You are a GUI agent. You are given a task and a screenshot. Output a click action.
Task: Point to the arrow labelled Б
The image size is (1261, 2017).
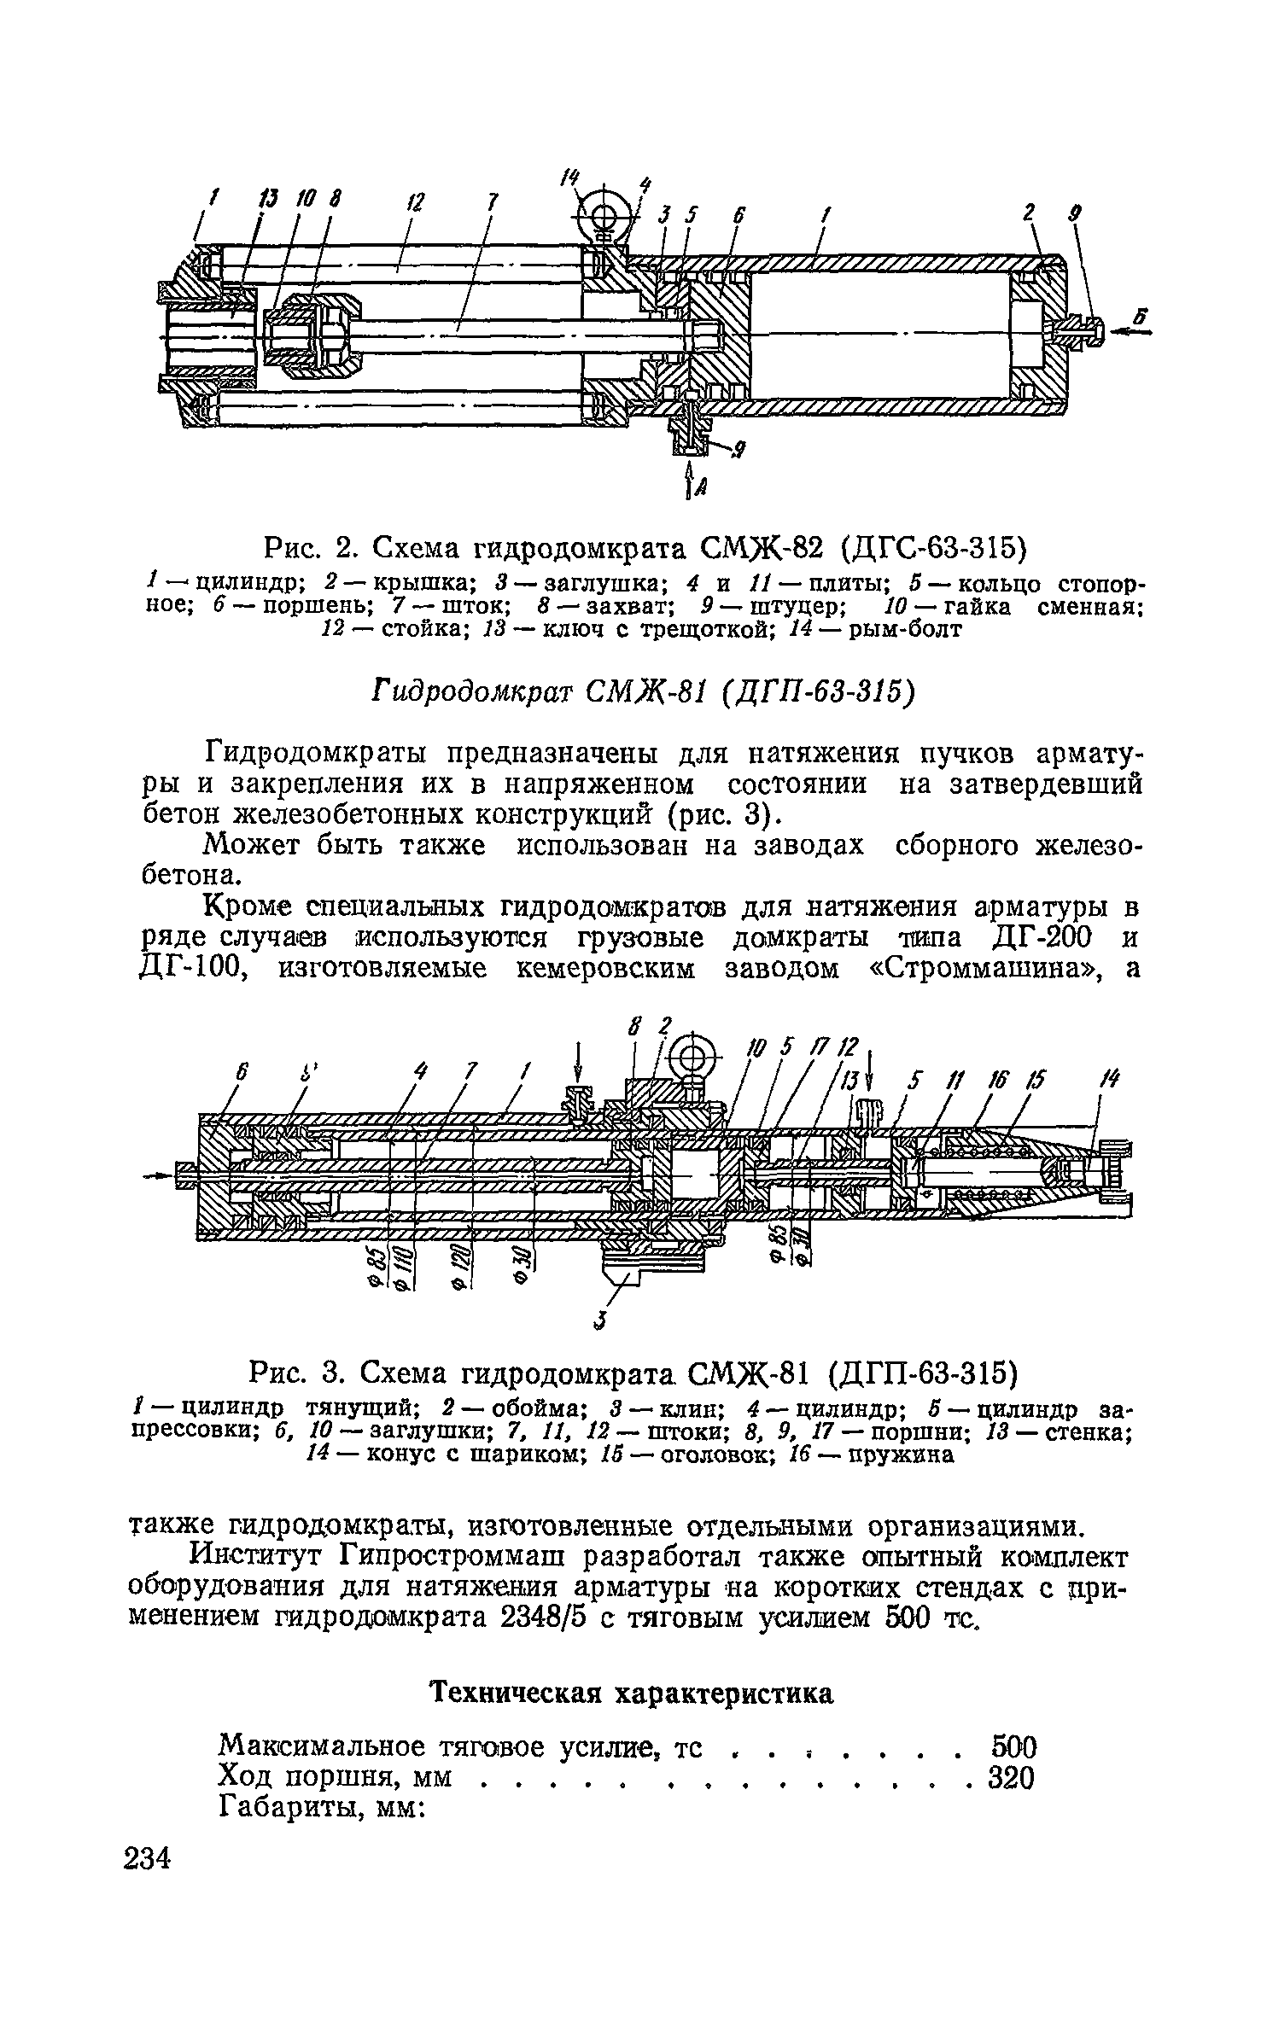coord(1132,334)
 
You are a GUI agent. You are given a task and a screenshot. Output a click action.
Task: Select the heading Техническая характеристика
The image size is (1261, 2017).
coord(631,1693)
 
